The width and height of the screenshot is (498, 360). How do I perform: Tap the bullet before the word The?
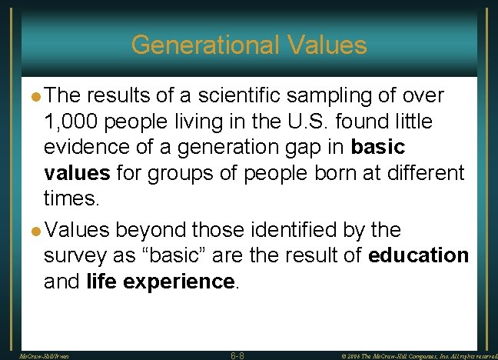coord(36,96)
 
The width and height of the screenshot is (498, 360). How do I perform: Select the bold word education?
coord(418,255)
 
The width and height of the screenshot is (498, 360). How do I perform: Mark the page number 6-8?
coord(238,355)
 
